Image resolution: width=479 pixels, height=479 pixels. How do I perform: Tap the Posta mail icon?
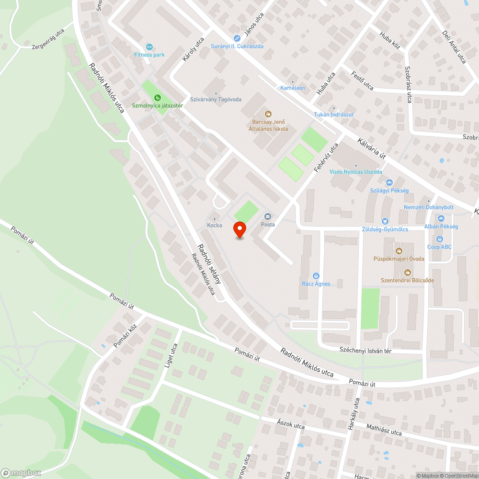click(x=268, y=217)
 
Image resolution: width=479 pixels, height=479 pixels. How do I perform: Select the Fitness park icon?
click(x=149, y=46)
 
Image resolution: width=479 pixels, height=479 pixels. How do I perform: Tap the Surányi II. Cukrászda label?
click(x=237, y=46)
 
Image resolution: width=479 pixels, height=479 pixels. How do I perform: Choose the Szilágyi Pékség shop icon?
click(x=389, y=182)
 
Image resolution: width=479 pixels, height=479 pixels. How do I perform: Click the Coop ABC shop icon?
click(x=440, y=239)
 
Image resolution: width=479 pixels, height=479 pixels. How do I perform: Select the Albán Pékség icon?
click(x=441, y=218)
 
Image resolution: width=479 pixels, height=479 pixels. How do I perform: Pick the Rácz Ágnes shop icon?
click(x=316, y=276)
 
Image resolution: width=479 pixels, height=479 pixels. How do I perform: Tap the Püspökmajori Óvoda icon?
click(x=399, y=251)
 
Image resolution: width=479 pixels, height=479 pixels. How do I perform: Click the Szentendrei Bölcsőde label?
click(x=407, y=280)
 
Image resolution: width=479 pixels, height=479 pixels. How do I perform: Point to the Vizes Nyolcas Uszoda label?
click(x=356, y=171)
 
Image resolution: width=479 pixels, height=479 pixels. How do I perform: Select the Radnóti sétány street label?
click(x=209, y=264)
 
